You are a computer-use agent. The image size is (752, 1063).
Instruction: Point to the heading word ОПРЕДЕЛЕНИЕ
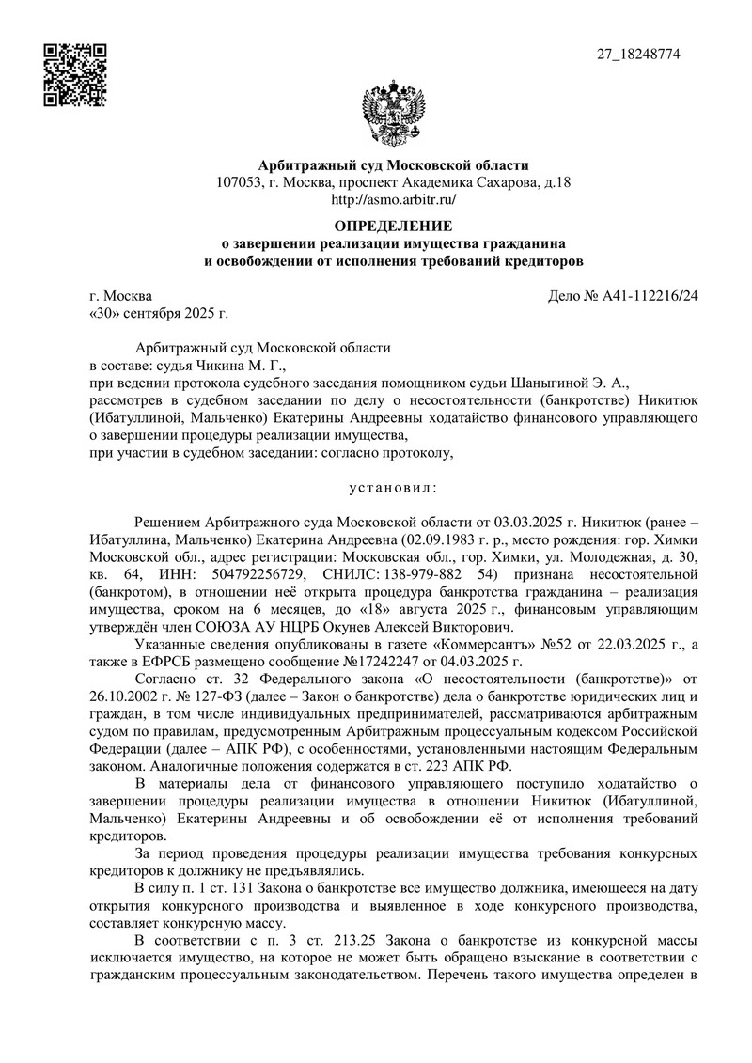pos(394,227)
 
